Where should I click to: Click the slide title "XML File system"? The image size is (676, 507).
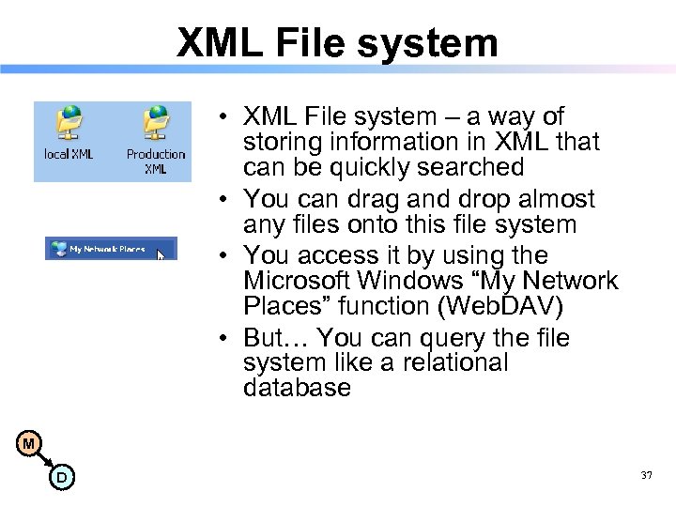(x=337, y=42)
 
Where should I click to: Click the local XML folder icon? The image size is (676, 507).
(x=69, y=123)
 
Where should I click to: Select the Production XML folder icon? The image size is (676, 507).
(x=156, y=123)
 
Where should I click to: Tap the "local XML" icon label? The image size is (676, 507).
(x=69, y=154)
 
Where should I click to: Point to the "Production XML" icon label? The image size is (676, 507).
(x=156, y=161)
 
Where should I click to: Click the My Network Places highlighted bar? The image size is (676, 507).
(x=110, y=249)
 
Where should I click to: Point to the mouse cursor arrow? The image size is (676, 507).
(x=161, y=253)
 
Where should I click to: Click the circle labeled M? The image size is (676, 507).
(x=29, y=443)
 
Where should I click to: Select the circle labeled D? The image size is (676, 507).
(x=61, y=478)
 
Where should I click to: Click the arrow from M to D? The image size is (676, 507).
(x=45, y=461)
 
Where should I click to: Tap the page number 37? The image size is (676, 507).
(x=646, y=476)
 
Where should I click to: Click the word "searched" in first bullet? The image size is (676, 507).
(x=472, y=167)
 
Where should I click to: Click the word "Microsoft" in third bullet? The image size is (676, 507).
(x=295, y=281)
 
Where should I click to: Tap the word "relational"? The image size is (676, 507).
(x=456, y=362)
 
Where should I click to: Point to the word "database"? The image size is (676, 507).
(x=296, y=388)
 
